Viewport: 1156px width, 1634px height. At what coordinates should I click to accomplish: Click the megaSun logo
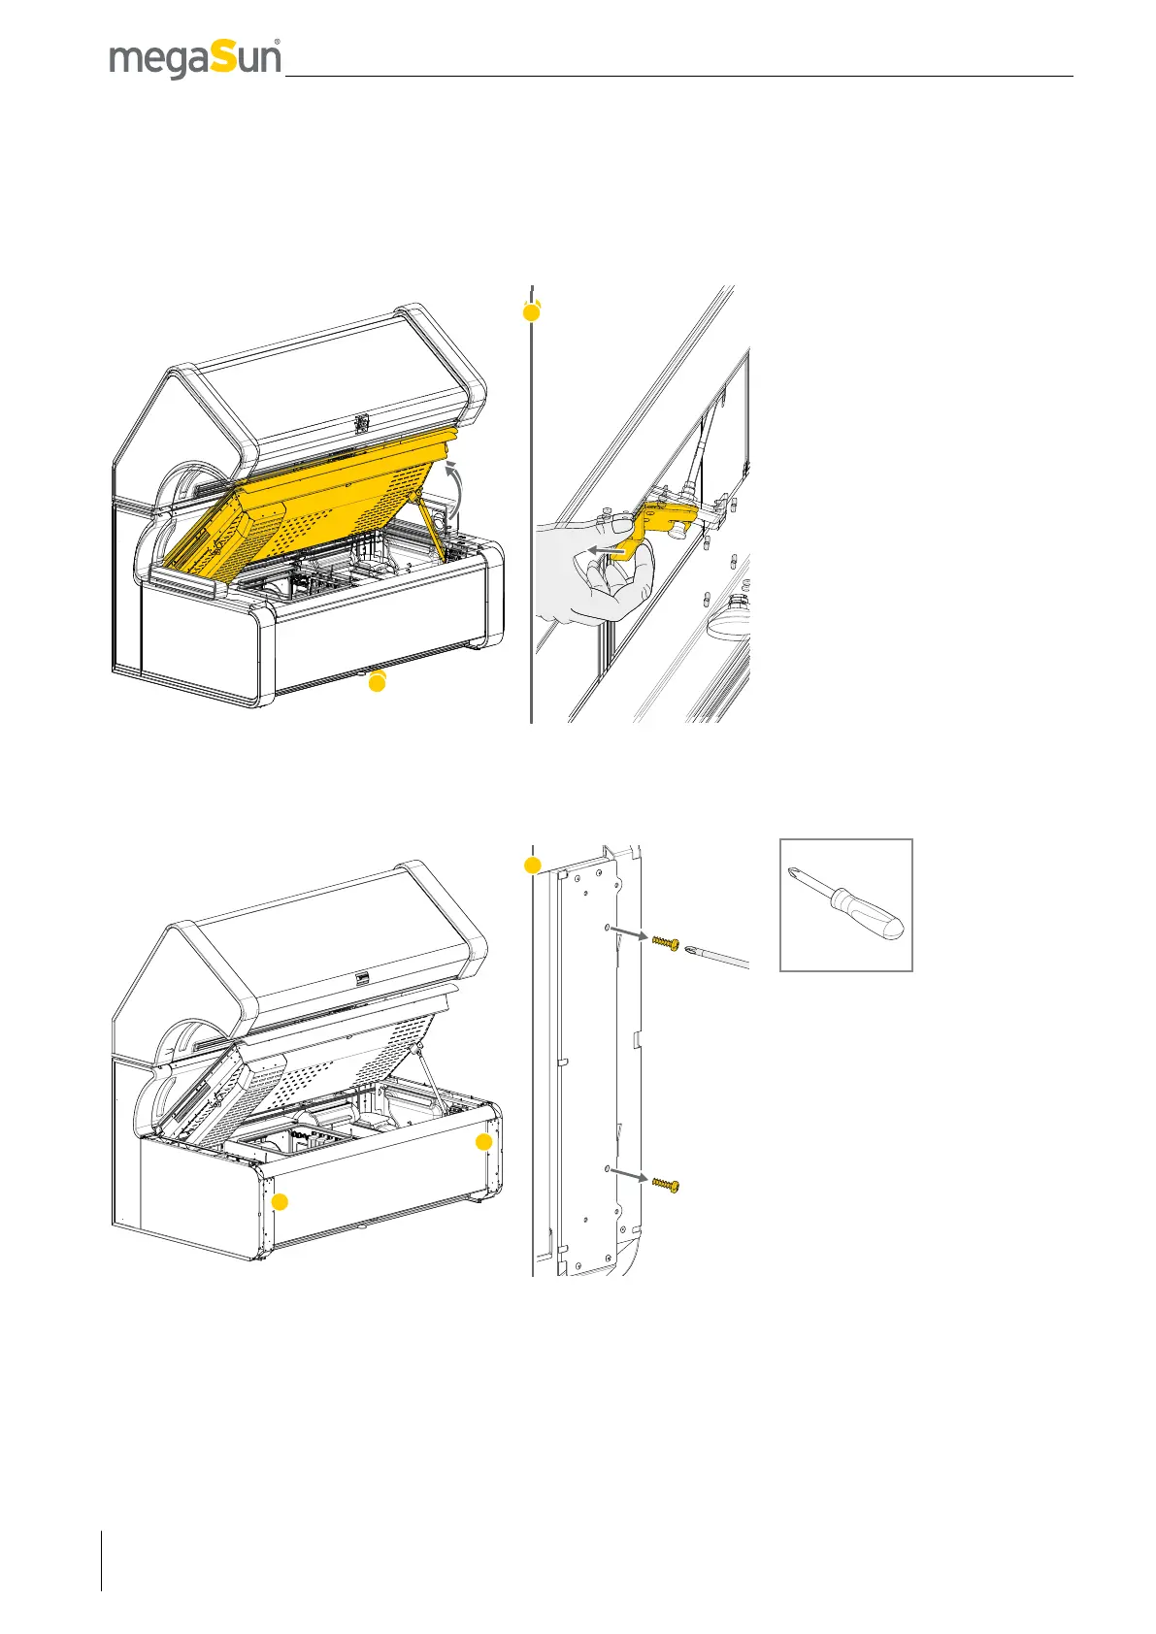click(195, 59)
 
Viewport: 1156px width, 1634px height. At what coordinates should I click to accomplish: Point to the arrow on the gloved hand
click(605, 549)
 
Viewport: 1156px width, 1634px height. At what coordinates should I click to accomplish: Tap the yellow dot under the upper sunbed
click(377, 683)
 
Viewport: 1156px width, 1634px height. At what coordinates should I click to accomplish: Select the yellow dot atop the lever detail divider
click(532, 311)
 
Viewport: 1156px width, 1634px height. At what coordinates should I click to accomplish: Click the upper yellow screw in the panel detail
click(664, 943)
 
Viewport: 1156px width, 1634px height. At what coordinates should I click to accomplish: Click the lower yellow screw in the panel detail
click(665, 1185)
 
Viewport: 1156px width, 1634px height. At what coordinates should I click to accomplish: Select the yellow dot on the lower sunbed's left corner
click(280, 1202)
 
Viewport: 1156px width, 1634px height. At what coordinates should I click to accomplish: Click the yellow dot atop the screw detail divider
click(532, 865)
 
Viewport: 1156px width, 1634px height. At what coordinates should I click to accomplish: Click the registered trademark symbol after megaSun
click(278, 43)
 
